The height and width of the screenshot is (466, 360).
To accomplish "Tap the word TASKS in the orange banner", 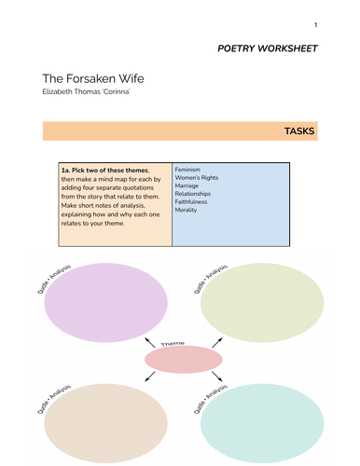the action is [x=299, y=131].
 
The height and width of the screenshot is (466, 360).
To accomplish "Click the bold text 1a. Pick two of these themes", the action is [x=109, y=172].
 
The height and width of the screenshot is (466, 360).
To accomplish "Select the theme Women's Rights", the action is [x=200, y=182].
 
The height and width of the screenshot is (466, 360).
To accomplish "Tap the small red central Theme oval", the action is [x=184, y=360].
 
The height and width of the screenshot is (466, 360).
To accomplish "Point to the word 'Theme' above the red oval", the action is [x=173, y=343].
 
